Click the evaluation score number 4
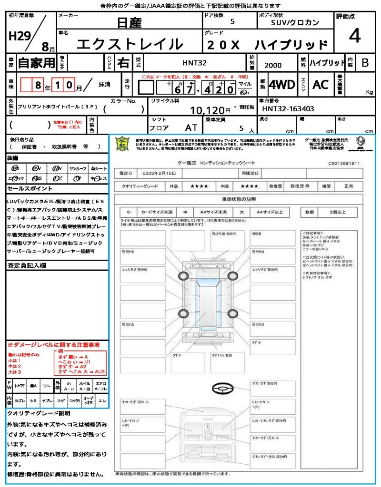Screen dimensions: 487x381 click(354, 36)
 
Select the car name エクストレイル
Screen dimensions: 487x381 click(130, 44)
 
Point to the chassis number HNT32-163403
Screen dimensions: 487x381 click(288, 109)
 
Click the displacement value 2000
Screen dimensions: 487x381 click(273, 65)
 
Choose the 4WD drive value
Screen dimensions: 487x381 click(282, 85)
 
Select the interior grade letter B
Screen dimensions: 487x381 click(365, 63)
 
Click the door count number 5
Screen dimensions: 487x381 click(232, 22)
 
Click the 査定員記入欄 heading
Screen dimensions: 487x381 click(27, 265)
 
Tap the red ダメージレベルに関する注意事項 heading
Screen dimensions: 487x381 click(53, 344)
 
